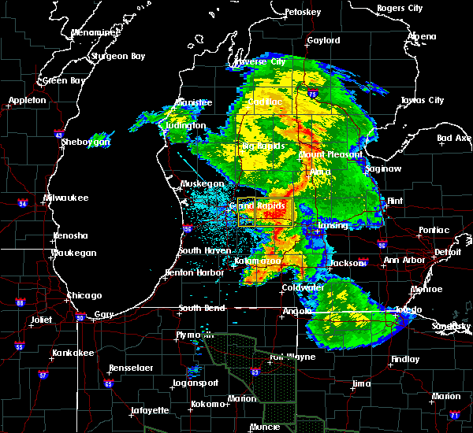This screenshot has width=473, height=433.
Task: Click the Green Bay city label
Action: coord(64,80)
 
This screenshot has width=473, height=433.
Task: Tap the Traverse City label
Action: coord(260,61)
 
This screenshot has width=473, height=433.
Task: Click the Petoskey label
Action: coord(303,13)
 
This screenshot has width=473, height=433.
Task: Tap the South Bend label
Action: coord(202,308)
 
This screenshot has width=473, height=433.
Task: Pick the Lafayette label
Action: coord(150,410)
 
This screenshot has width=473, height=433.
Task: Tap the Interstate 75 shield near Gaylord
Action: coord(315,93)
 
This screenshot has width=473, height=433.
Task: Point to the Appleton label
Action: coord(28,101)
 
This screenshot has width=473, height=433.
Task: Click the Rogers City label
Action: coord(400,8)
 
